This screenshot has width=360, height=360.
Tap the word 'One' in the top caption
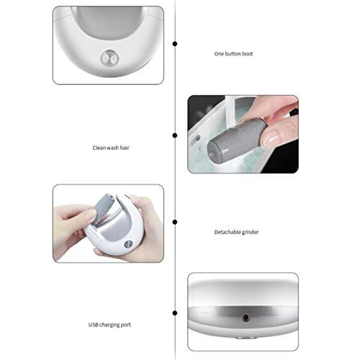220,54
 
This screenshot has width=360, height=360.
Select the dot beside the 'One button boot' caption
175,44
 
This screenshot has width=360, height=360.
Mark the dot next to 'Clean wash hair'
175,135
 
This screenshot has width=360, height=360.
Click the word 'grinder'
248,231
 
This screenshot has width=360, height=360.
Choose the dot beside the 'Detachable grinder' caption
175,223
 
